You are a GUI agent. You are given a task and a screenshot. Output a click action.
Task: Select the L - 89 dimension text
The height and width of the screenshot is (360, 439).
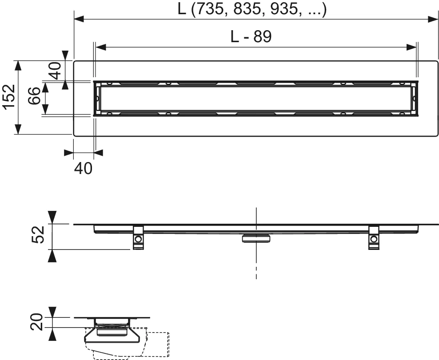click(251, 36)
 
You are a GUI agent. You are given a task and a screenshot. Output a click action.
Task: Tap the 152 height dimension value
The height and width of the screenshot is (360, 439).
click(8, 97)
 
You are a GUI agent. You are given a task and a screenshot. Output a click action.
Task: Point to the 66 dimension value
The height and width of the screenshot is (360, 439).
click(35, 97)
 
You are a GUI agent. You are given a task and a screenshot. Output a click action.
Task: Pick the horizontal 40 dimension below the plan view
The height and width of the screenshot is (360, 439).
click(83, 168)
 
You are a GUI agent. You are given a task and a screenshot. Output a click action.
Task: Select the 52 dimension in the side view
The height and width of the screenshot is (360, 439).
click(40, 235)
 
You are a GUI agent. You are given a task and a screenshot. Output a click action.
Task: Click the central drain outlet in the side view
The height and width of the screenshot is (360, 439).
click(256, 238)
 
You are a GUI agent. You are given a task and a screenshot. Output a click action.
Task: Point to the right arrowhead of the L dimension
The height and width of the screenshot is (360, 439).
click(434, 19)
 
